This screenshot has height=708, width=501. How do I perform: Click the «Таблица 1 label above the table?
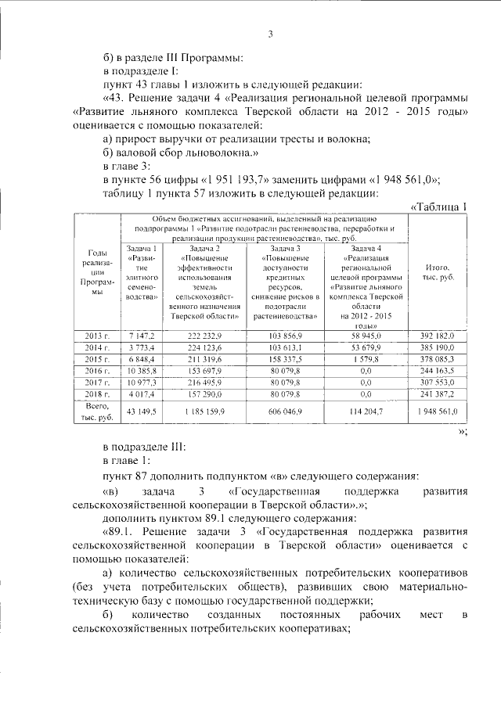[x=438, y=206]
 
